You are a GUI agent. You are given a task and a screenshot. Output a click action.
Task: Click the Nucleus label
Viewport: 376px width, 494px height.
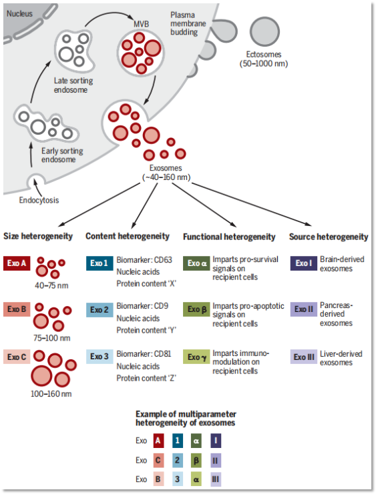point(20,13)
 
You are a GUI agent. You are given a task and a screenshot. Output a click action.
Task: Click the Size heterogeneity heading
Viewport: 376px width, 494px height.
point(38,237)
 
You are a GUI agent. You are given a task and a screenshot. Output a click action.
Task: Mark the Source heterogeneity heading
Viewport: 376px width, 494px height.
point(328,237)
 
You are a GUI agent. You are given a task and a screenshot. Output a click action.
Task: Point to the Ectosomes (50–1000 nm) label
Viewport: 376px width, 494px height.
point(265,59)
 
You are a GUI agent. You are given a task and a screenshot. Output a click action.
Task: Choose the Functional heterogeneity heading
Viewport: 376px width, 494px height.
point(229,237)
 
